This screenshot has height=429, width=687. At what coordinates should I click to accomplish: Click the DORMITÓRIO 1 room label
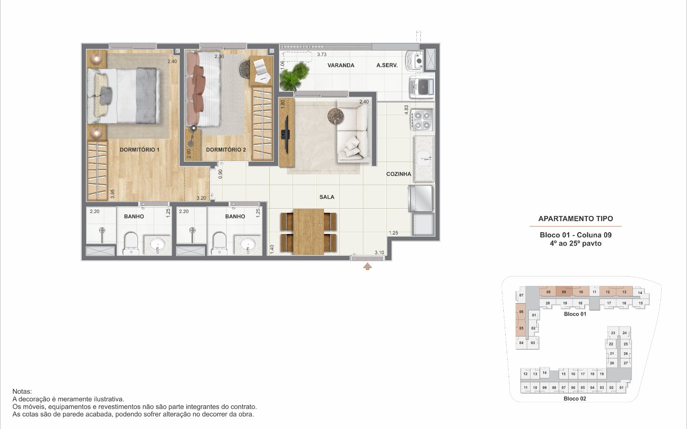139,150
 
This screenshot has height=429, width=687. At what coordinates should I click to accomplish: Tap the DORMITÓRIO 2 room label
226,150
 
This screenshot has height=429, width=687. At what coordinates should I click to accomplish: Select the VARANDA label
341,65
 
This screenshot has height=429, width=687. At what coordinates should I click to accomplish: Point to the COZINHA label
398,174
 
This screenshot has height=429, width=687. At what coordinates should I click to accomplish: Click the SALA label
327,197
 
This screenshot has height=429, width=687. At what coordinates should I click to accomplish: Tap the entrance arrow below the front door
367,266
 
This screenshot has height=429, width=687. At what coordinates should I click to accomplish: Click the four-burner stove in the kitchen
422,120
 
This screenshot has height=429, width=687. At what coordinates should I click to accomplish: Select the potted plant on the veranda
294,77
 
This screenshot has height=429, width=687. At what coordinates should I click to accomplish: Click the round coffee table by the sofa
335,116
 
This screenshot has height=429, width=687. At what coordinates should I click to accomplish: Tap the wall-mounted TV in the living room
286,134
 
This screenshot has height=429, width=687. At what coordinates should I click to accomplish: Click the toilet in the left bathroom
131,243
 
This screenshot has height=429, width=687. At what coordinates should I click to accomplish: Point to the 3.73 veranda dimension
322,54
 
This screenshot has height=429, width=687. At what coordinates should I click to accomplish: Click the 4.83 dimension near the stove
406,110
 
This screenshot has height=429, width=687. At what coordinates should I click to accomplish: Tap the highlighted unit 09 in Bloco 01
564,291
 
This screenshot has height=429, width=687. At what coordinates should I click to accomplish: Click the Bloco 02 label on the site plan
575,398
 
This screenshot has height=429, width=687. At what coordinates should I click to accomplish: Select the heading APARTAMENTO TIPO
576,219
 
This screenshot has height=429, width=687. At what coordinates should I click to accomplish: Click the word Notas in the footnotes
22,392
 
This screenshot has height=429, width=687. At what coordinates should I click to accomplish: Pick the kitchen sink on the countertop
425,159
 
